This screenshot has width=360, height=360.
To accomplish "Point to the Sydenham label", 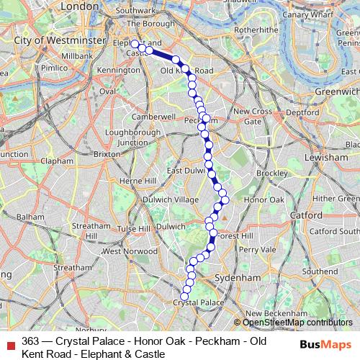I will coord(237,276).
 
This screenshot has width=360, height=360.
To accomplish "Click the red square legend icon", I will coord(9,341).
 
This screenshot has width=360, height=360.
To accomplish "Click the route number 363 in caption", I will coord(30,341).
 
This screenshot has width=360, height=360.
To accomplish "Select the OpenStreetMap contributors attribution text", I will coord(296,323).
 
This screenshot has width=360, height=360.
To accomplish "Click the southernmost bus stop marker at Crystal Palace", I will coord(184,296).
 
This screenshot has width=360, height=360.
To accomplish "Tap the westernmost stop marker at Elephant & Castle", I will coord(135,44).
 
